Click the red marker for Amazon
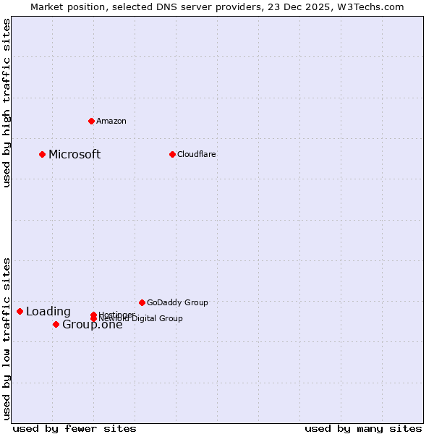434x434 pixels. pyautogui.click(x=91, y=121)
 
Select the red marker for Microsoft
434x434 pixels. pyautogui.click(x=43, y=154)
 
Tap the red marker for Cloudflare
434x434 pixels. pyautogui.click(x=172, y=154)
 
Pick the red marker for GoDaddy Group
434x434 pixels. pyautogui.click(x=142, y=302)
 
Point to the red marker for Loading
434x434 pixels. pyautogui.click(x=20, y=311)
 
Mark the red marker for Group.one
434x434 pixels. pyautogui.click(x=56, y=324)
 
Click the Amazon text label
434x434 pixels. pyautogui.click(x=111, y=121)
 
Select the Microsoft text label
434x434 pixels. pyautogui.click(x=75, y=154)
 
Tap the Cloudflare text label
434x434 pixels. pyautogui.click(x=197, y=154)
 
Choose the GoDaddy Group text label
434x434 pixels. pyautogui.click(x=177, y=302)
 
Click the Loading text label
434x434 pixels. pyautogui.click(x=48, y=312)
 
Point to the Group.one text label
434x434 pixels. pyautogui.click(x=92, y=324)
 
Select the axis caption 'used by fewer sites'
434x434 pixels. pyautogui.click(x=75, y=428)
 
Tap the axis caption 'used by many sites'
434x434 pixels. pyautogui.click(x=363, y=428)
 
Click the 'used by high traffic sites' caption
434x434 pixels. pyautogui.click(x=7, y=103)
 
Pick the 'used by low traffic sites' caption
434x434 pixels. pyautogui.click(x=7, y=338)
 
